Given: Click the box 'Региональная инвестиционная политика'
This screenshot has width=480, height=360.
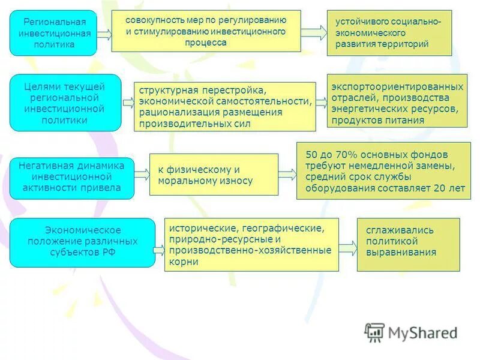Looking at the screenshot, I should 53,33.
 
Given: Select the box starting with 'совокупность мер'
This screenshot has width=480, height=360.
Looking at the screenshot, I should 206,31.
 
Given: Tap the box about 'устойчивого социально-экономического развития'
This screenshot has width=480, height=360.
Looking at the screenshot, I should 389,33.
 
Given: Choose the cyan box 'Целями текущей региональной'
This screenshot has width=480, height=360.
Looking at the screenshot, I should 65,103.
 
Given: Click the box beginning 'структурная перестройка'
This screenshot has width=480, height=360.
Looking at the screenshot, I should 224,107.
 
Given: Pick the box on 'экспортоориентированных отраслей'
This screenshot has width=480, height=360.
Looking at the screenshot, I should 397,101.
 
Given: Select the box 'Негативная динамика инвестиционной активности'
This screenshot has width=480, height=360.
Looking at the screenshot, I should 71,178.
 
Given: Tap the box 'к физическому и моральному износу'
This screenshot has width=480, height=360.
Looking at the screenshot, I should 213,175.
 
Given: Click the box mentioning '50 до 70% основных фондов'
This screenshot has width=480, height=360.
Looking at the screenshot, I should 384,171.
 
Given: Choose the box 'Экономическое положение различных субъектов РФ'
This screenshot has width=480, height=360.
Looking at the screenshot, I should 82,242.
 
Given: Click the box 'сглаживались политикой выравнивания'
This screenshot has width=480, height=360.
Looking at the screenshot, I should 408,244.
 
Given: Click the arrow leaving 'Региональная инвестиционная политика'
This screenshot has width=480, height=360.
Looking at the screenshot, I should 104,35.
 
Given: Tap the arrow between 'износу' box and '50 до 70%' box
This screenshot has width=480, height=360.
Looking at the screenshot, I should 287,175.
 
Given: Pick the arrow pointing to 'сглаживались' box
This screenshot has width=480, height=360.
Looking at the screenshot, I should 347,247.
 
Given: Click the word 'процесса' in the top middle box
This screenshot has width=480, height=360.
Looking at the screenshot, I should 206,43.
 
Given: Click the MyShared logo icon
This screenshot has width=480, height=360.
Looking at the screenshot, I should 374,332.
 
